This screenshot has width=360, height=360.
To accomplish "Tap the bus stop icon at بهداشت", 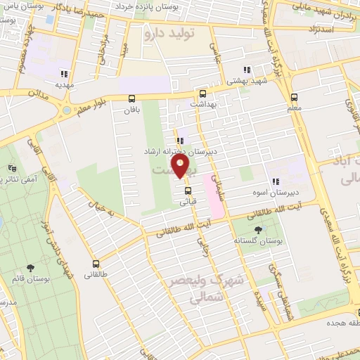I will click(202, 93).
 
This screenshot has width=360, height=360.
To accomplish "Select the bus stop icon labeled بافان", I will click(131, 99).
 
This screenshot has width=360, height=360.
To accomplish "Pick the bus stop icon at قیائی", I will click(187, 190).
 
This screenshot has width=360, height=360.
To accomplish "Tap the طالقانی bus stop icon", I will click(96, 264).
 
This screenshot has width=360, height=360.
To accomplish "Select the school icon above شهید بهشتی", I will click(246, 70).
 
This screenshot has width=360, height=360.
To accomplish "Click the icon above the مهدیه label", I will click(64, 74).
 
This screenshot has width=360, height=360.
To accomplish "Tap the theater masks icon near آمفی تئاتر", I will click(12, 168).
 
